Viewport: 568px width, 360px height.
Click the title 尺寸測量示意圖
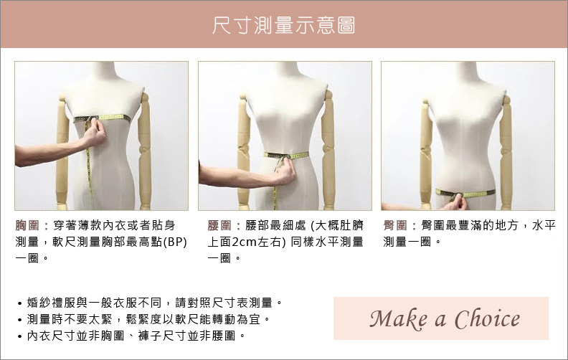click(x=283, y=24)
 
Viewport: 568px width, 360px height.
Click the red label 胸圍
click(x=27, y=225)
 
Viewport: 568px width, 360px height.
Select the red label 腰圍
click(x=219, y=225)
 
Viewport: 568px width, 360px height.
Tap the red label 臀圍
click(x=395, y=225)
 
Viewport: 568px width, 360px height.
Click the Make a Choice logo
click(x=445, y=319)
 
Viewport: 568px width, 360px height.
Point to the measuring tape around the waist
click(x=286, y=156)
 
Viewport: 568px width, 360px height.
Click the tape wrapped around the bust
click(x=102, y=118)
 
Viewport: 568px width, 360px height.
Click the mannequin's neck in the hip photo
click(x=467, y=72)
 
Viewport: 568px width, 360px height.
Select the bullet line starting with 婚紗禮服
click(x=150, y=303)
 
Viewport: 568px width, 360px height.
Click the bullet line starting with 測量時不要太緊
click(x=144, y=319)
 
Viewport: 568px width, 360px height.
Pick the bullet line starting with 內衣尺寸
click(x=131, y=336)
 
